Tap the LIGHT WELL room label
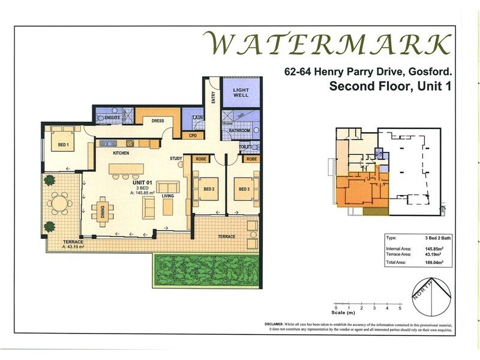[x=240, y=93]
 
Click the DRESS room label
[x=158, y=121]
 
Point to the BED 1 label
[x=63, y=145]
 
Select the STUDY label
[x=175, y=159]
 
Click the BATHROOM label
[x=239, y=130]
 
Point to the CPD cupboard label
[x=193, y=136]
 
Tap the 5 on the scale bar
[x=400, y=307]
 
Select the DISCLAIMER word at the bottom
[x=278, y=324]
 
